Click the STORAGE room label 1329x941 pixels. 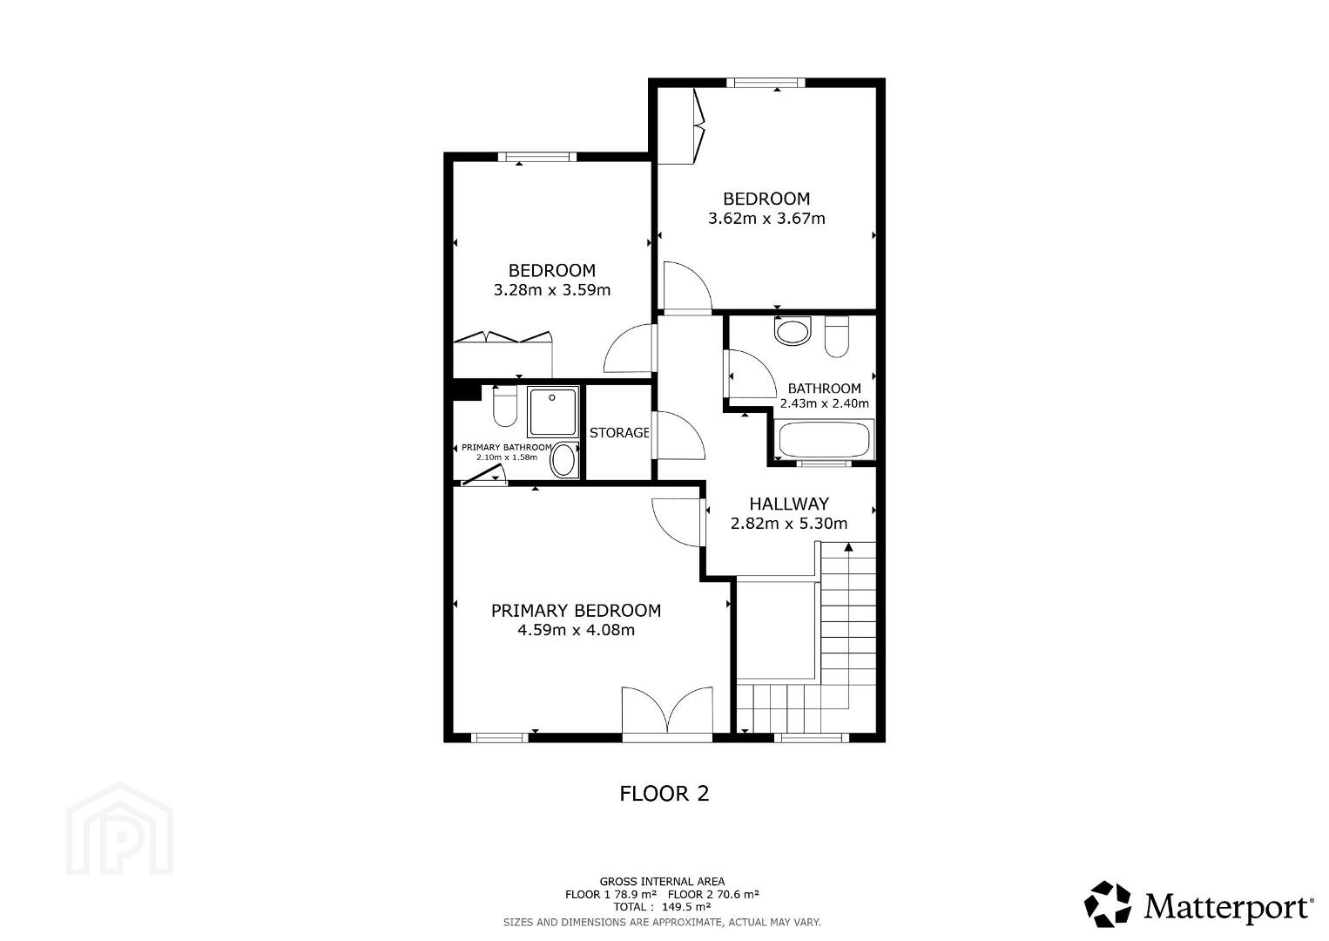[619, 433]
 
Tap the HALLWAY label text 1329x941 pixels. [788, 504]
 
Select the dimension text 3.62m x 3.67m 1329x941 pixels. [766, 219]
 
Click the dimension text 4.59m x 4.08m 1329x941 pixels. [576, 630]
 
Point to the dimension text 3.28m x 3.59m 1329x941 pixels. [552, 290]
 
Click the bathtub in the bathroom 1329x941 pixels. [824, 439]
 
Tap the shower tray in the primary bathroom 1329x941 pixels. [553, 411]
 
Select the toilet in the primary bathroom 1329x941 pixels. [505, 406]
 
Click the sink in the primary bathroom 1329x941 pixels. [563, 461]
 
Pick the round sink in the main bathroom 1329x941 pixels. [792, 331]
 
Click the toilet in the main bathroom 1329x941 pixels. [837, 336]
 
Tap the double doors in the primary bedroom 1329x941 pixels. [667, 714]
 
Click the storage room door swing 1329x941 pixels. [678, 435]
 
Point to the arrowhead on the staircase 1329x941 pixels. [848, 547]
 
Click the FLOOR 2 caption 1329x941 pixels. [664, 794]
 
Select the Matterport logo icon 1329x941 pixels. [1107, 904]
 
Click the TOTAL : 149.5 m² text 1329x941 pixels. [662, 906]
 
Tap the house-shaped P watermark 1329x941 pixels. [119, 829]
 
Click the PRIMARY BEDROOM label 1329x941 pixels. [576, 610]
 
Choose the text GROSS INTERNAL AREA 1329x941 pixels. [662, 882]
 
